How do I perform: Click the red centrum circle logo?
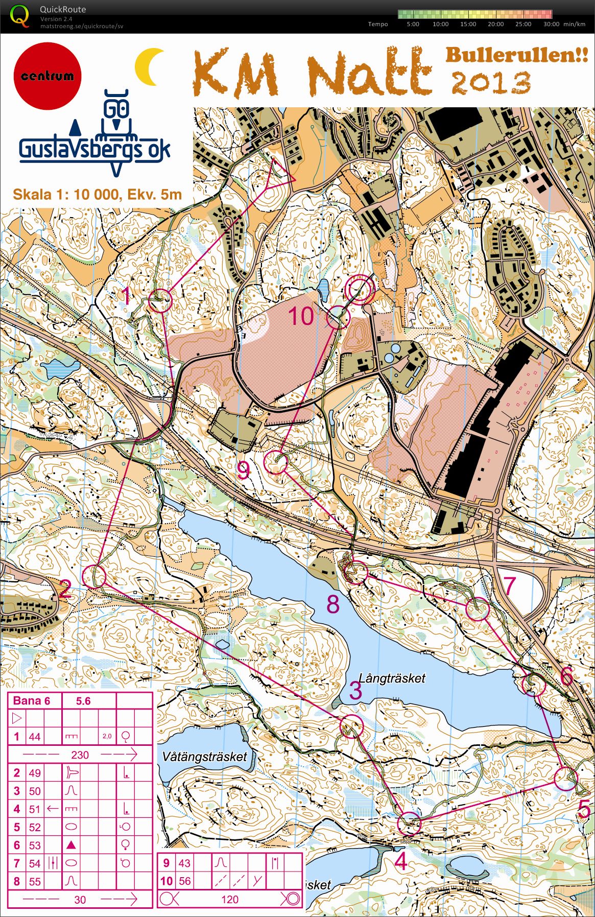(x=47, y=76)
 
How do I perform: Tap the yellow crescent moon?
(x=149, y=67)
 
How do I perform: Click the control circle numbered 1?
(x=160, y=301)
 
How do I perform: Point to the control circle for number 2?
(x=94, y=576)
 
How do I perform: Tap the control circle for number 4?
(x=409, y=823)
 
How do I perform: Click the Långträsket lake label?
(x=392, y=678)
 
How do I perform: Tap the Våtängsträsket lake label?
(x=204, y=757)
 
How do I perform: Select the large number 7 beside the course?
(x=510, y=585)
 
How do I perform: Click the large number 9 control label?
(x=244, y=471)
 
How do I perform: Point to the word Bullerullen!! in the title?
(x=516, y=55)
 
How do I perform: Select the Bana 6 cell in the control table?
(x=32, y=701)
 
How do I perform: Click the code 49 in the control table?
(x=35, y=773)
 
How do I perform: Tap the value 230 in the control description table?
(x=80, y=755)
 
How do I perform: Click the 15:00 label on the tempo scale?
(x=468, y=24)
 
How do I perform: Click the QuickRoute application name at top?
(x=63, y=9)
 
